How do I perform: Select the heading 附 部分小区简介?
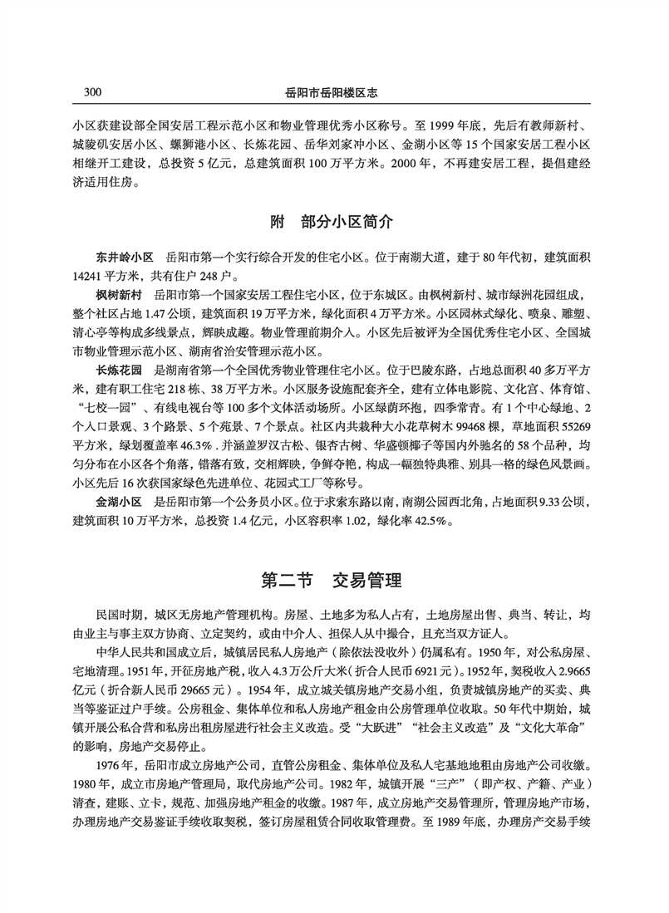click(332, 223)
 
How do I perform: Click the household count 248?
click(212, 275)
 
